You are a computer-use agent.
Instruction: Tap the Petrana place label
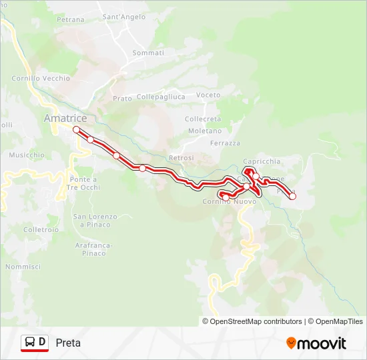pyautogui.click(x=71, y=20)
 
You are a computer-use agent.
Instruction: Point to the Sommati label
pyautogui.click(x=148, y=53)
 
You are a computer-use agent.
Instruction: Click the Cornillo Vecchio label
pyautogui.click(x=41, y=78)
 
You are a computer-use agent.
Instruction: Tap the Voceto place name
pyautogui.click(x=208, y=95)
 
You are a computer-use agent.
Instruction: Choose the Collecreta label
pyautogui.click(x=203, y=119)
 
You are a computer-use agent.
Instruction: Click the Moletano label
pyautogui.click(x=200, y=131)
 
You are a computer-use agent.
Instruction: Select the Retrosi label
pyautogui.click(x=181, y=157)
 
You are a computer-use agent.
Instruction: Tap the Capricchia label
pyautogui.click(x=262, y=161)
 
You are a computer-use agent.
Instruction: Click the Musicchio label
pyautogui.click(x=26, y=155)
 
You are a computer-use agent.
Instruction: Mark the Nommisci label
pyautogui.click(x=23, y=267)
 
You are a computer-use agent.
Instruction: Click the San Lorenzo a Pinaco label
pyautogui.click(x=95, y=221)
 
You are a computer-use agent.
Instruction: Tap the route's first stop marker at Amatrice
pyautogui.click(x=76, y=129)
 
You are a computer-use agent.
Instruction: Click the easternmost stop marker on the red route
pyautogui.click(x=292, y=196)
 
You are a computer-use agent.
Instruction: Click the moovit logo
pyautogui.click(x=316, y=343)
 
